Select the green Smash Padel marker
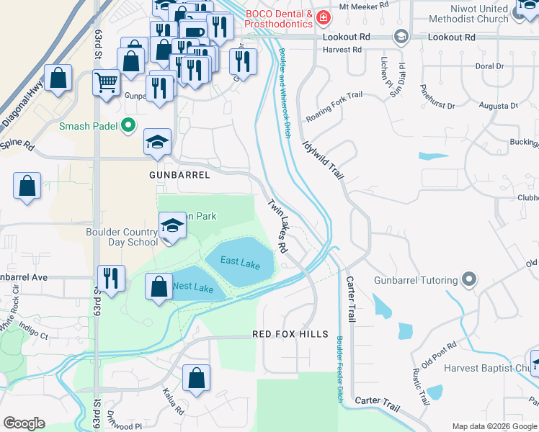click(x=129, y=126)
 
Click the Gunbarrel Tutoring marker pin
click(x=470, y=279)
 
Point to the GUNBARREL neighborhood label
click(x=179, y=175)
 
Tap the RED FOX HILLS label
click(x=290, y=334)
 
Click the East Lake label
click(x=240, y=264)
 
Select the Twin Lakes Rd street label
click(x=278, y=226)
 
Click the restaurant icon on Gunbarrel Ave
click(x=111, y=278)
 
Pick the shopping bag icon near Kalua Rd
click(x=196, y=377)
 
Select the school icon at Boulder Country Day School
click(x=172, y=228)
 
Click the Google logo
click(x=24, y=423)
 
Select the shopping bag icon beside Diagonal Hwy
click(x=58, y=78)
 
